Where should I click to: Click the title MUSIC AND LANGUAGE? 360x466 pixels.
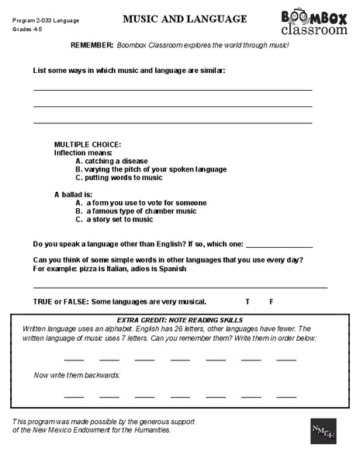(185, 19)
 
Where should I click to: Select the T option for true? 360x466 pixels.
(247, 301)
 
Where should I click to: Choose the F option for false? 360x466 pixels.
(271, 301)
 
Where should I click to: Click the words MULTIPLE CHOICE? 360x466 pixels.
(87, 145)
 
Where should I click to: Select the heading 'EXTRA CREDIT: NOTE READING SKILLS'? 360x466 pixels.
(179, 319)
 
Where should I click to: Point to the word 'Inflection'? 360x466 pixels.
(71, 153)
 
